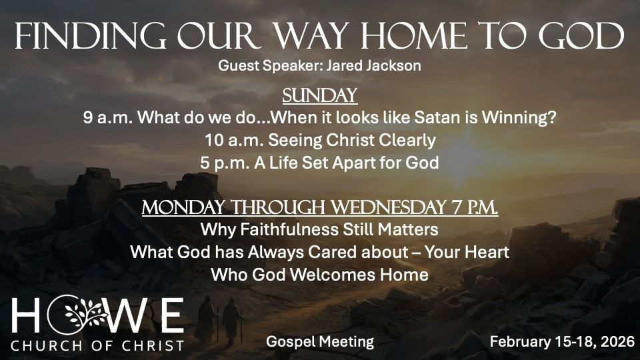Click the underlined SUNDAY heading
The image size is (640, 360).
click(x=319, y=95)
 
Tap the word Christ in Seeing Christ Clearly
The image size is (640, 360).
click(x=350, y=141)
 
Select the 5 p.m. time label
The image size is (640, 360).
click(x=225, y=163)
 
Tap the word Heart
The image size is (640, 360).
click(x=487, y=252)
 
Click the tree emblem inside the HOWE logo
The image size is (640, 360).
click(x=85, y=315)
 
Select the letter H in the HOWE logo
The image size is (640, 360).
click(x=27, y=315)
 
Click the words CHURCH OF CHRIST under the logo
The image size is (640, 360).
click(x=97, y=346)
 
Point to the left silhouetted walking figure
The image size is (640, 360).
click(x=205, y=319)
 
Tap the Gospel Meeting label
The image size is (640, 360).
click(x=320, y=341)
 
